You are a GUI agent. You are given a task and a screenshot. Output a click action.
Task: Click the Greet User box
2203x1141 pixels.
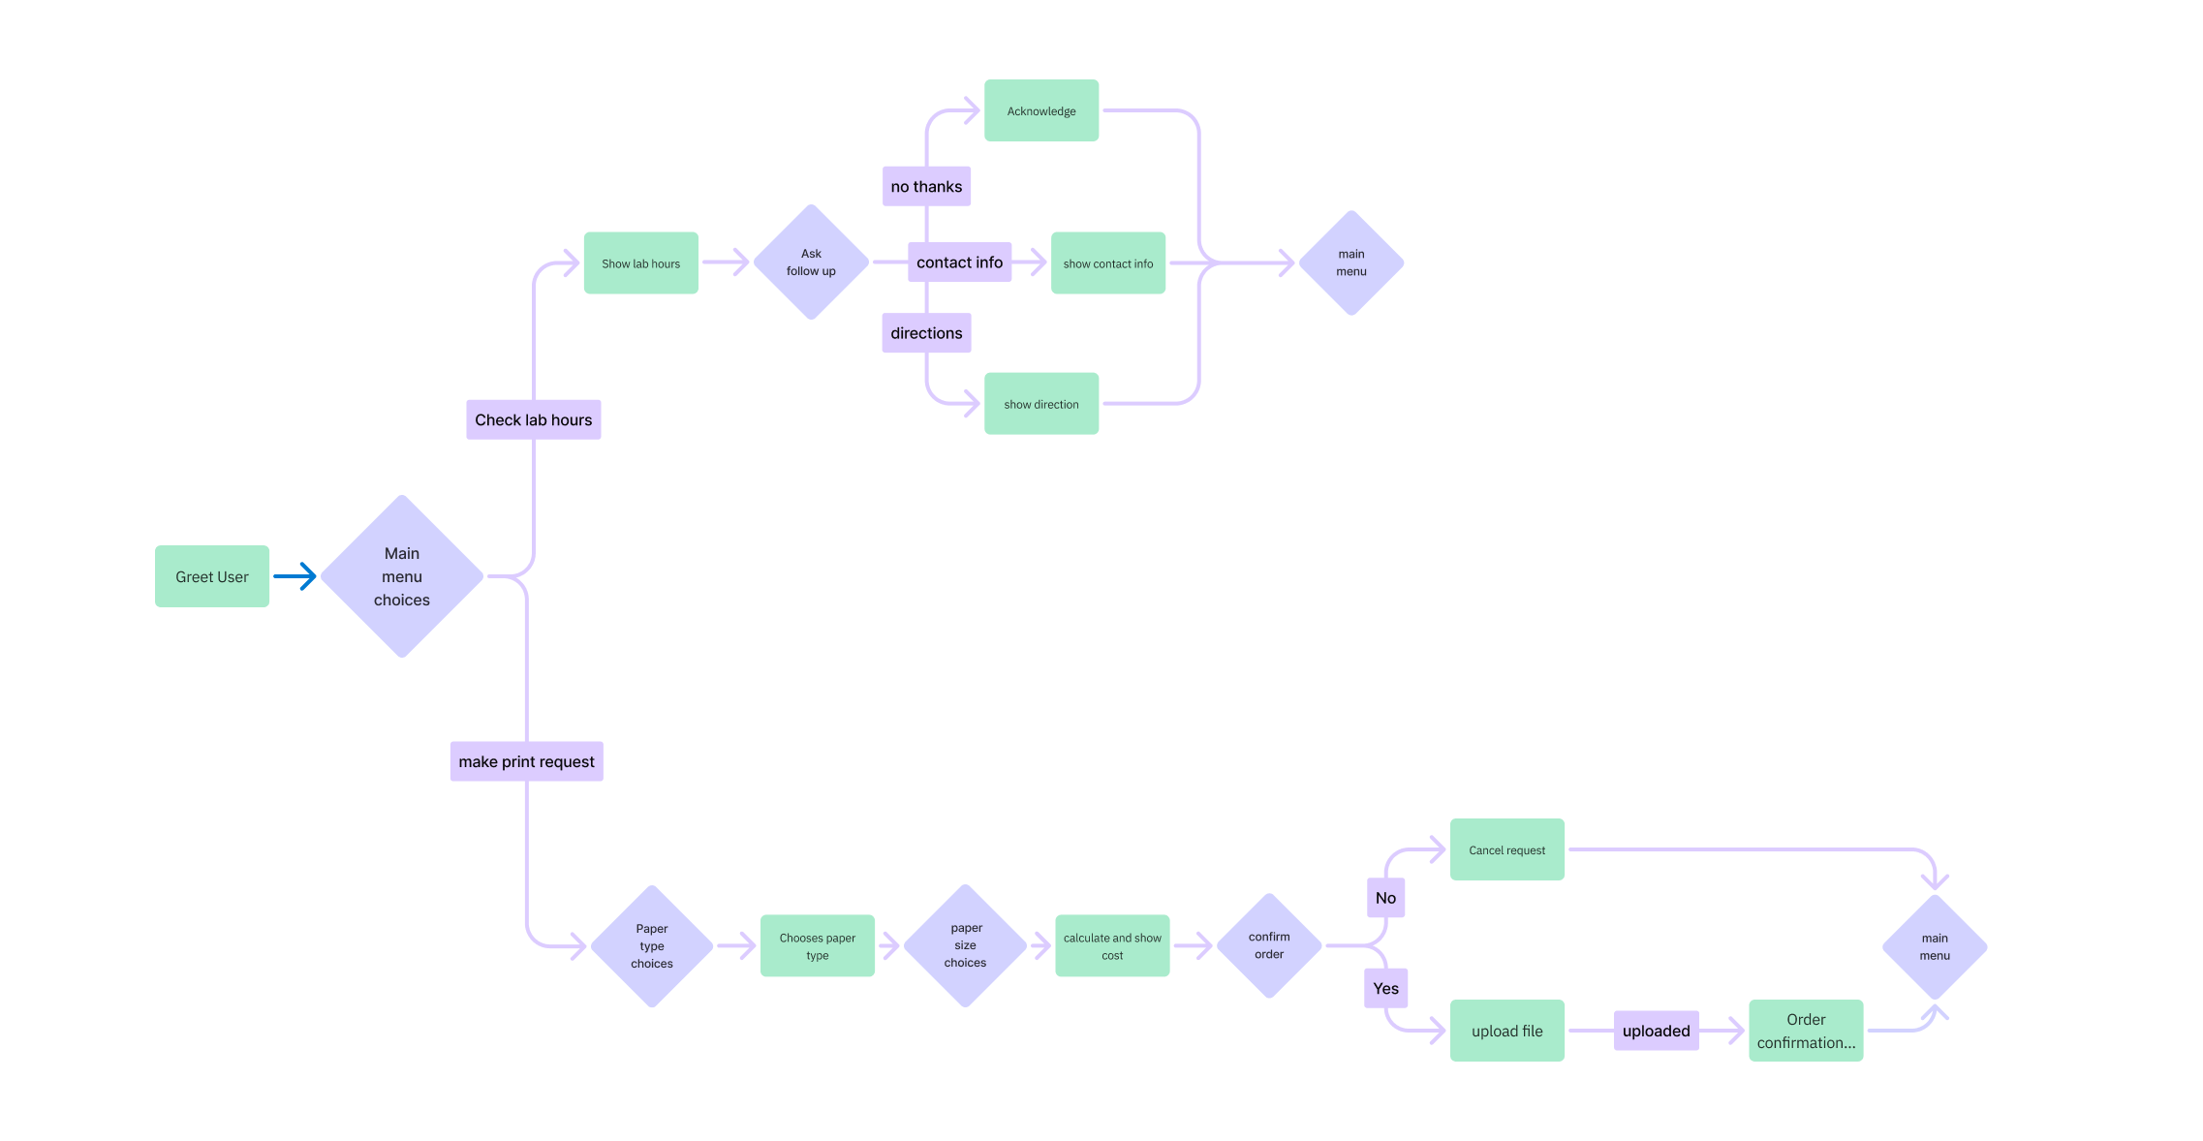[211, 576]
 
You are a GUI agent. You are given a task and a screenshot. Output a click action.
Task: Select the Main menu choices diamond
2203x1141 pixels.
[401, 576]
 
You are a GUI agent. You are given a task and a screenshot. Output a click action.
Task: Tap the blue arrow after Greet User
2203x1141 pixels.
[295, 576]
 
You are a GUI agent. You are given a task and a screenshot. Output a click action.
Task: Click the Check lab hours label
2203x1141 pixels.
[533, 419]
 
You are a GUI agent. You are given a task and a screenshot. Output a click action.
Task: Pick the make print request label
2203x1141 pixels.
[526, 761]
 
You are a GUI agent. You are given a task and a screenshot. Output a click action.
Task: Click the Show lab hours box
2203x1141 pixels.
[640, 262]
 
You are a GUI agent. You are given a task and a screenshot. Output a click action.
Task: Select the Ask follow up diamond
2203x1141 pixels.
[811, 262]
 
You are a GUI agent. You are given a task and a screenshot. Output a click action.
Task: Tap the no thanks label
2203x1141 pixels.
[926, 186]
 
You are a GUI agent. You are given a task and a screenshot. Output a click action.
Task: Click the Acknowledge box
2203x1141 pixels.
[1040, 110]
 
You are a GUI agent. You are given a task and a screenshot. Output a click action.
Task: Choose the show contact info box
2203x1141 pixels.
[1107, 262]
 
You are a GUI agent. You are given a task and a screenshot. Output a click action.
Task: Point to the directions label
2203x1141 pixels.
[926, 332]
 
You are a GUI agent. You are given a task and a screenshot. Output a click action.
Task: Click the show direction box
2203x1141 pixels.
[1040, 404]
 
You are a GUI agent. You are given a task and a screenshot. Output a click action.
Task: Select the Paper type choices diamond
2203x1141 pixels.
[651, 945]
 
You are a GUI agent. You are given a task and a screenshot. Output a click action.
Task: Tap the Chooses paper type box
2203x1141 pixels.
[817, 945]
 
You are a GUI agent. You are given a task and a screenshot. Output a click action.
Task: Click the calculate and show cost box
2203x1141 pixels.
[1111, 945]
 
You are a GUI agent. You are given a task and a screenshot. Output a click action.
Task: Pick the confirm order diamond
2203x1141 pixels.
[1268, 945]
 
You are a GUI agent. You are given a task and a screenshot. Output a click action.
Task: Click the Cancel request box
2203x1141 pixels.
[1506, 849]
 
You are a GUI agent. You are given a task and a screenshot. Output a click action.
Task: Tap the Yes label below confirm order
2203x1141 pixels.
[1385, 988]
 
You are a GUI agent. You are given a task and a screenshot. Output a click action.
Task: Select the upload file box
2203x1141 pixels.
[1506, 1031]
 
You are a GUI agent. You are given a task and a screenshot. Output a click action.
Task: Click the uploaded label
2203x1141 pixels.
[1656, 1031]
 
